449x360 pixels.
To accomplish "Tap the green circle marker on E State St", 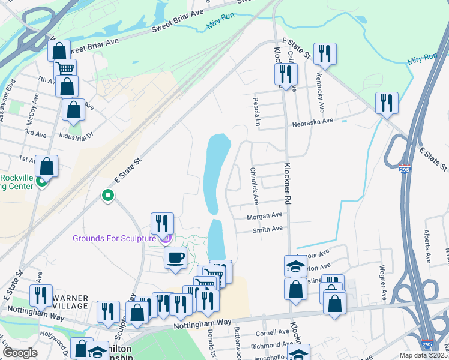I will [108, 196].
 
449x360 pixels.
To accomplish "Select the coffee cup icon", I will [175, 258].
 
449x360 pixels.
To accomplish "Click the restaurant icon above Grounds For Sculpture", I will [162, 224].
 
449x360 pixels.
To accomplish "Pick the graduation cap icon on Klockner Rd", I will [295, 266].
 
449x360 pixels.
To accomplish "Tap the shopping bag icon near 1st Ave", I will [47, 166].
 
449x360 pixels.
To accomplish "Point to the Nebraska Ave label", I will [312, 121].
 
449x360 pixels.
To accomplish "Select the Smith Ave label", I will [267, 229].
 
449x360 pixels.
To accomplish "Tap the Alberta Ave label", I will [428, 245].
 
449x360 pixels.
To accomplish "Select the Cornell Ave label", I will [273, 332].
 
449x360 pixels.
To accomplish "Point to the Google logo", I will [20, 353].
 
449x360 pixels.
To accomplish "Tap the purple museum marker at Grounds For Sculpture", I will [166, 239].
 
